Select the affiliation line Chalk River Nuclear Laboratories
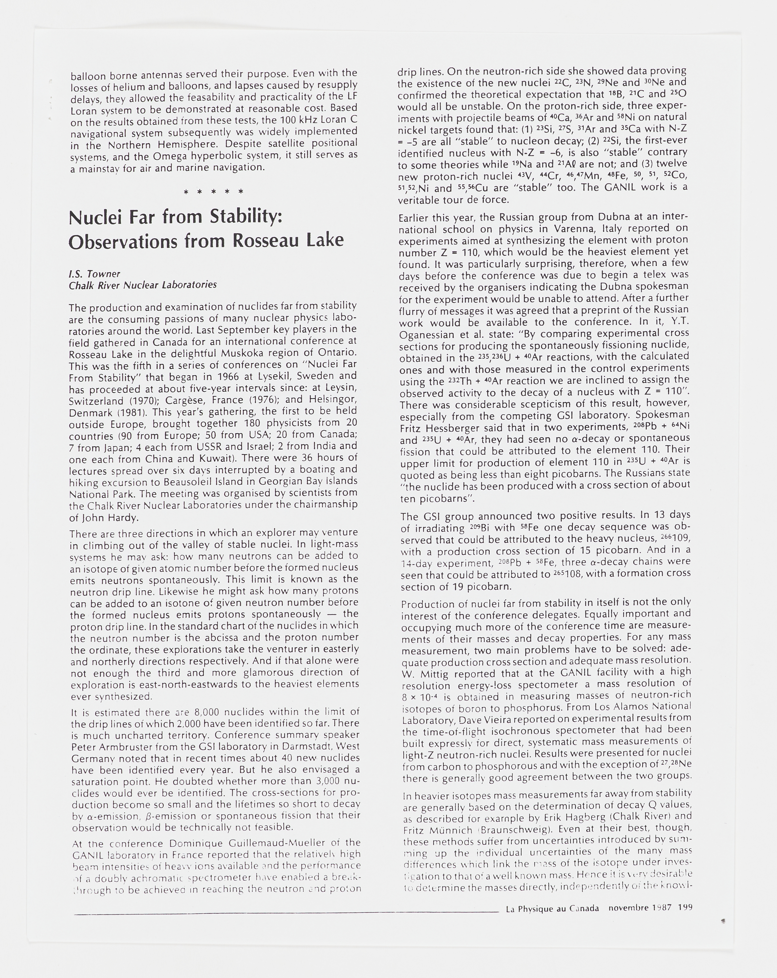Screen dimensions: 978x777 (x=142, y=285)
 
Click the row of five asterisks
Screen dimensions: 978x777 (x=213, y=192)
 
